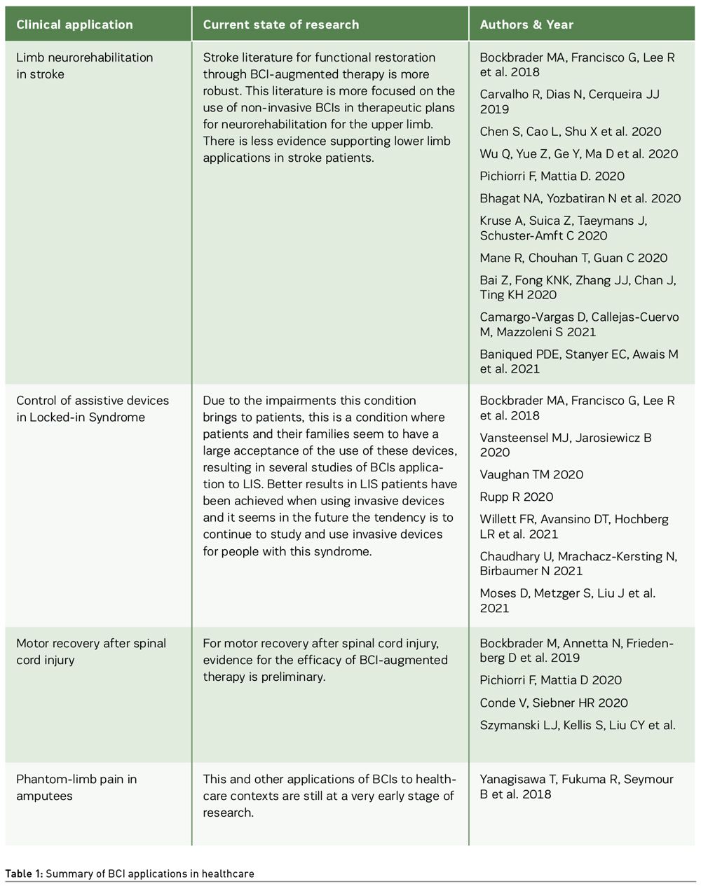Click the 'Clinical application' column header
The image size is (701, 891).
(x=74, y=25)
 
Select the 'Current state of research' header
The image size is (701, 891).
(x=280, y=25)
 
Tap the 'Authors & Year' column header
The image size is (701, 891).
(x=526, y=25)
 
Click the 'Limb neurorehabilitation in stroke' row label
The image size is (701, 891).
(x=84, y=66)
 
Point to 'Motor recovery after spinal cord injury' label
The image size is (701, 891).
(x=91, y=651)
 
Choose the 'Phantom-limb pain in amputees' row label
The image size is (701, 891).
(x=76, y=787)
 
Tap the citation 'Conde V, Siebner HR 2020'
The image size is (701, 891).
(x=554, y=703)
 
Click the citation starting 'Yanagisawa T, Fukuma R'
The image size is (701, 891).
(x=576, y=787)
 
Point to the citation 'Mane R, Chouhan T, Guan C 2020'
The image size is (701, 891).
(x=573, y=258)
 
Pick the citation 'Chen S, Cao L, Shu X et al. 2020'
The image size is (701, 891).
(x=571, y=132)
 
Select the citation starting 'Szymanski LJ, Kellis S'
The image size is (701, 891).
(x=578, y=725)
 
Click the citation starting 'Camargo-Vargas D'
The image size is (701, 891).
(x=579, y=324)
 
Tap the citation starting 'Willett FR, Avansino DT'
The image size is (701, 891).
(x=574, y=527)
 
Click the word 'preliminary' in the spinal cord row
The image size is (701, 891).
(x=293, y=677)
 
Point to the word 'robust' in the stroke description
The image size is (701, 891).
(x=224, y=91)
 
